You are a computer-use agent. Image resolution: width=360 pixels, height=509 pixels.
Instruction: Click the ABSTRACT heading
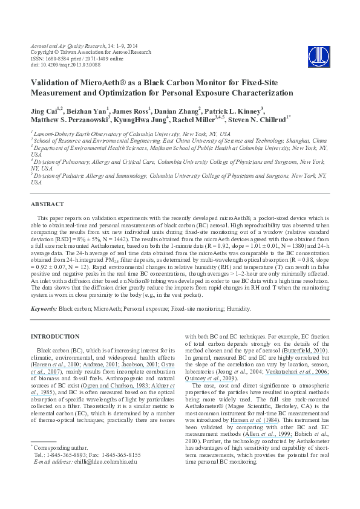coord(47,204)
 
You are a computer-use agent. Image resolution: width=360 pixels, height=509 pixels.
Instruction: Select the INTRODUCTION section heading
coord(54,336)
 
